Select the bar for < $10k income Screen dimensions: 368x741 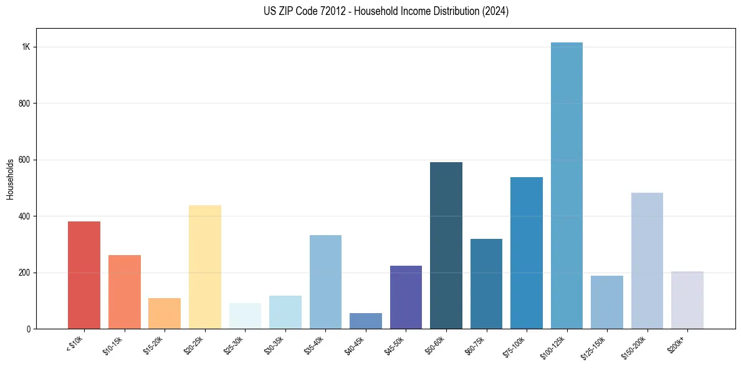[x=84, y=275]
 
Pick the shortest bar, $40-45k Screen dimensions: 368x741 [x=366, y=321]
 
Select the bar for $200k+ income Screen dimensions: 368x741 [x=687, y=300]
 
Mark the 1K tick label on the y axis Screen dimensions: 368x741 [x=26, y=47]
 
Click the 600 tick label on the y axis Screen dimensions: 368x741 [x=25, y=160]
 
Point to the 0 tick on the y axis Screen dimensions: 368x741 [x=29, y=329]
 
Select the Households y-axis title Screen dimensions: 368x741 [x=10, y=179]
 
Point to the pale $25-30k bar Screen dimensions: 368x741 [x=245, y=316]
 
